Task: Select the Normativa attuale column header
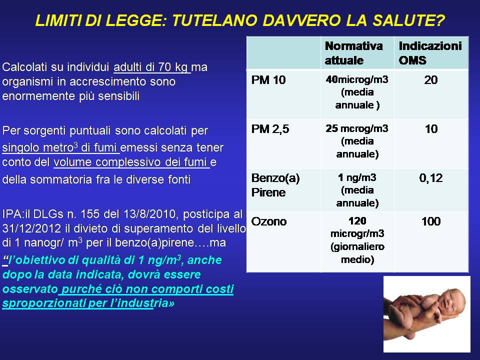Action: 353,53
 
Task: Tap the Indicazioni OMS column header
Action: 430,53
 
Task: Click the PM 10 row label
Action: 268,80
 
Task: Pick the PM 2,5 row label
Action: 270,129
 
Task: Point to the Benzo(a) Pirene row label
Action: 275,185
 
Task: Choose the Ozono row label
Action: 269,221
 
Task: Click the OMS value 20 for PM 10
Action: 430,80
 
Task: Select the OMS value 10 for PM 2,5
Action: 431,129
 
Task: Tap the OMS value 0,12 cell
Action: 430,178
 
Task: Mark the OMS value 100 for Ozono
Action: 431,221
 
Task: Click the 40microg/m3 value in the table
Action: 357,79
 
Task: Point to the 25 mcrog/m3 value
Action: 357,128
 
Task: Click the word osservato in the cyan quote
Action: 30,288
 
